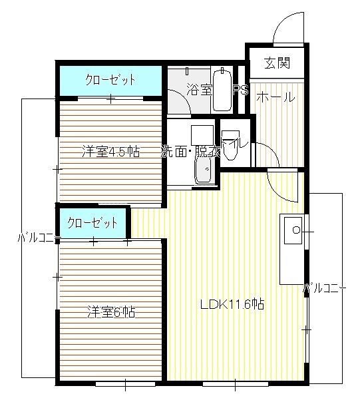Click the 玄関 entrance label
point(275,64)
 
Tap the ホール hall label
point(275,97)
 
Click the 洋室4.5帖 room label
point(110,151)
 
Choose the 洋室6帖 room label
point(110,310)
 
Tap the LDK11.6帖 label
point(233,305)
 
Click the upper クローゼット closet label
point(110,80)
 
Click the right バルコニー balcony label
point(324,288)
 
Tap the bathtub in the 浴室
point(222,90)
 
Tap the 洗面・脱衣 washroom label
point(190,151)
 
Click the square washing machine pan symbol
point(202,135)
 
